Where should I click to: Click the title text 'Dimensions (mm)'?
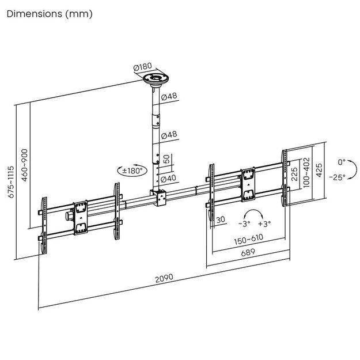tap(49, 13)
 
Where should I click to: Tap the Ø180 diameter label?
tap(142, 69)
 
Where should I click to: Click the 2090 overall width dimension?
tap(164, 278)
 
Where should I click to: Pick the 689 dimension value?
tap(248, 252)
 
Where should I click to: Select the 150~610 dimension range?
tap(249, 238)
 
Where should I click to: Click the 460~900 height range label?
tap(24, 165)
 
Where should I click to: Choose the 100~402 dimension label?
tap(306, 171)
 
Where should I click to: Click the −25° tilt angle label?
tap(338, 177)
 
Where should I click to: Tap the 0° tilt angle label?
tap(341, 162)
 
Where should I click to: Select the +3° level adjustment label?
tap(264, 223)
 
